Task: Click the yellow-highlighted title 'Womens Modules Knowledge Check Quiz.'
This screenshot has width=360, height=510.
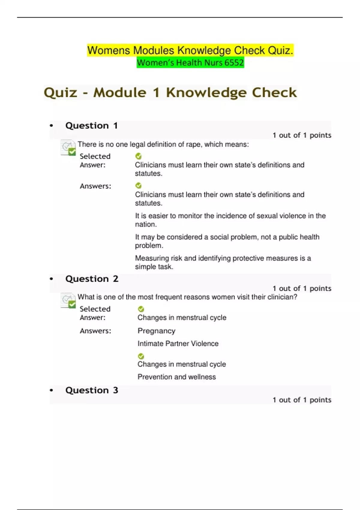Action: click(x=190, y=50)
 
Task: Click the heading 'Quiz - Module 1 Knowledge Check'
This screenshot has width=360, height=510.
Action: click(x=170, y=93)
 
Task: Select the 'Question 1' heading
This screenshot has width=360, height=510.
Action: click(x=91, y=125)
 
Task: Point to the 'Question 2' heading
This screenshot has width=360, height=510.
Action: click(x=92, y=279)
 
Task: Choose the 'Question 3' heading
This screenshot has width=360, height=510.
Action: click(x=92, y=390)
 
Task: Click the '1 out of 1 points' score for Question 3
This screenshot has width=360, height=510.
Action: click(x=302, y=400)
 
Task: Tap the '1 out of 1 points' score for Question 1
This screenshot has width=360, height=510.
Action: click(x=302, y=135)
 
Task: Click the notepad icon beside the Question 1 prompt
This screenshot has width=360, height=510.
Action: click(x=68, y=148)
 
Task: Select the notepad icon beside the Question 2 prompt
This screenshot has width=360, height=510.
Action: click(x=68, y=300)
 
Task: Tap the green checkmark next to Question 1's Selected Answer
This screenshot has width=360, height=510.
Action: click(x=138, y=156)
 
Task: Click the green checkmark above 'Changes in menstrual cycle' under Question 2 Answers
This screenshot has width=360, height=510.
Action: click(x=141, y=356)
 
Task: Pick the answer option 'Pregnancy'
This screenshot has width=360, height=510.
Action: click(x=156, y=331)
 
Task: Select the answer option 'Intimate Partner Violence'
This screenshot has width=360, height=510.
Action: click(x=178, y=343)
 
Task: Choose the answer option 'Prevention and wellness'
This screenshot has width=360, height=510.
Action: click(x=176, y=377)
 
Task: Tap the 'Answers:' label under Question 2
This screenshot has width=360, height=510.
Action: click(x=95, y=331)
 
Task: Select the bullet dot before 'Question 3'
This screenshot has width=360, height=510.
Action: click(x=51, y=390)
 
